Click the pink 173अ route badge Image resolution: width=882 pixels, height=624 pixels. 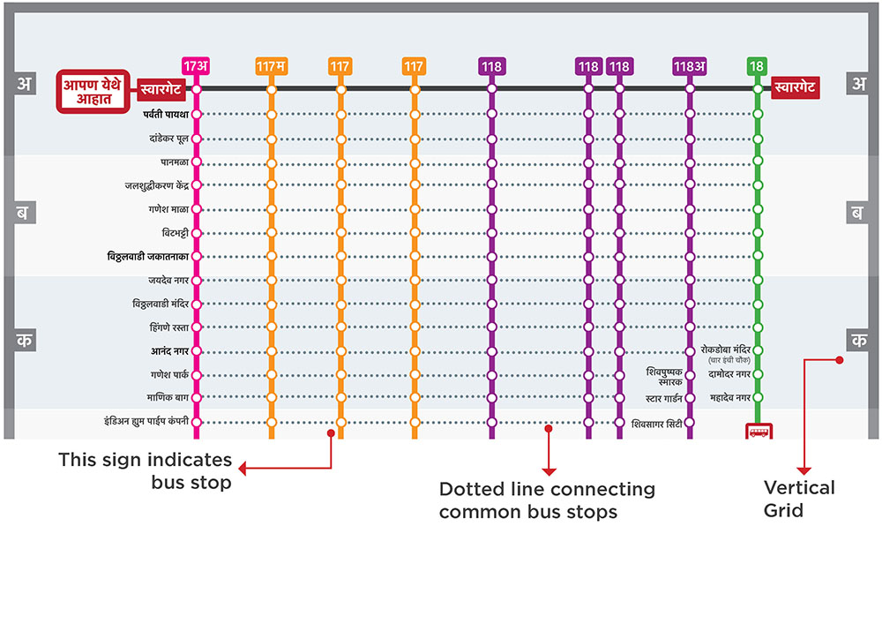[196, 66]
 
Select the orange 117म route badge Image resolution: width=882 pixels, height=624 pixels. [271, 66]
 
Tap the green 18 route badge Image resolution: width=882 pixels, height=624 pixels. [757, 66]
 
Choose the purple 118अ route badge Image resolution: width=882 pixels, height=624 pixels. [690, 66]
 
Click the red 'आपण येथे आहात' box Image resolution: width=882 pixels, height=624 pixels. [93, 91]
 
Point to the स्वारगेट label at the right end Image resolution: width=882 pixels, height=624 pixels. [795, 87]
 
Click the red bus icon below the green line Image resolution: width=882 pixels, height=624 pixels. [759, 432]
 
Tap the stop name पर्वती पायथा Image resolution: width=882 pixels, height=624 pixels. [166, 115]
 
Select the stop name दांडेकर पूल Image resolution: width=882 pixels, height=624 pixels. [168, 139]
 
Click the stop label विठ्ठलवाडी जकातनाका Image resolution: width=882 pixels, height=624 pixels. [148, 257]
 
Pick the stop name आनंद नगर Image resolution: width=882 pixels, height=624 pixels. [169, 351]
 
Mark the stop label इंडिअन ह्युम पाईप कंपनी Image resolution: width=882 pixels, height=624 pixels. [146, 421]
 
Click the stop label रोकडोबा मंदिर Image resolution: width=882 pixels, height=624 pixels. [725, 350]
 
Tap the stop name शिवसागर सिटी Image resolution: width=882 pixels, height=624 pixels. [656, 424]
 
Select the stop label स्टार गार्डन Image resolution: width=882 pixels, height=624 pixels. [664, 398]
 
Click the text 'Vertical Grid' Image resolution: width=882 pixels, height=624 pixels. [799, 499]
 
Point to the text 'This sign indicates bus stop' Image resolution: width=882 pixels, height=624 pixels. [146, 471]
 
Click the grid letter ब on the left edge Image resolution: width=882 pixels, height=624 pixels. [22, 213]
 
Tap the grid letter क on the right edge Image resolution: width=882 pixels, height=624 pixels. [859, 341]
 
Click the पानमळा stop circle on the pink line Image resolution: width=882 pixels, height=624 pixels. [197, 162]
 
